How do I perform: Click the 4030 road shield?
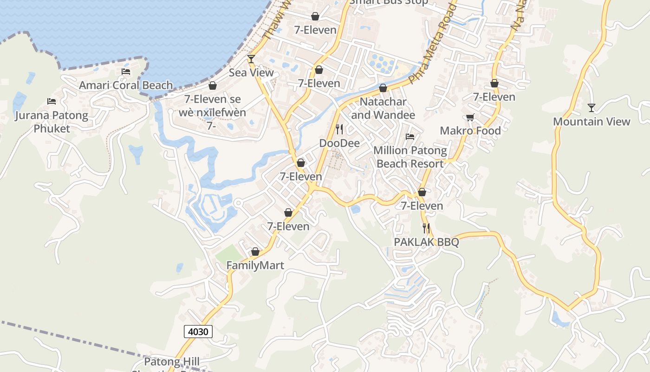click(199, 332)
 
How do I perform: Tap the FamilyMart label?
click(255, 265)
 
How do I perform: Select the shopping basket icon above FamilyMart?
click(255, 252)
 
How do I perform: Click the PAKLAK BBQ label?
click(426, 242)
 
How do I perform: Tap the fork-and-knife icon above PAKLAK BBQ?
click(426, 228)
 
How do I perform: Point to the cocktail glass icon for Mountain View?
click(591, 108)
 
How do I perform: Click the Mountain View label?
click(591, 122)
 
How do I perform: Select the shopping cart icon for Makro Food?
click(470, 117)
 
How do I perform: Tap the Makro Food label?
click(470, 131)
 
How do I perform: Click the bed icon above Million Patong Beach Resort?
click(410, 137)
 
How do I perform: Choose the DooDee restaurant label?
click(339, 143)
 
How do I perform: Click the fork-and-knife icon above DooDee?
click(339, 129)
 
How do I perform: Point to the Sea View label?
click(251, 73)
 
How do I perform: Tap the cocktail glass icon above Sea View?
click(251, 59)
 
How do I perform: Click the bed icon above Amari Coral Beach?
click(126, 72)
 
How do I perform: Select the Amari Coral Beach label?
click(126, 86)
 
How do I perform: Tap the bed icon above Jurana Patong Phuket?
click(52, 101)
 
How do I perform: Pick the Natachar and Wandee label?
click(383, 108)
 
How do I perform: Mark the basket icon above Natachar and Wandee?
click(383, 88)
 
